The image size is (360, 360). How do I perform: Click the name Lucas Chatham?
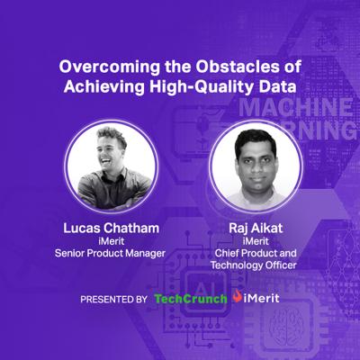point(111,229)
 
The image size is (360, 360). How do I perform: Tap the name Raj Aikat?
point(256,229)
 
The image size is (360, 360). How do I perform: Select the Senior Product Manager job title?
point(110,254)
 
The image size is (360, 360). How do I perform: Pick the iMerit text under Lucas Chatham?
point(111,241)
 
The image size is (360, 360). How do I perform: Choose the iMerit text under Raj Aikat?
point(256,241)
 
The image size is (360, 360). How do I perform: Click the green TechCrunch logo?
point(191,299)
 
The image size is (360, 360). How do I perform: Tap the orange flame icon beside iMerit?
point(238,296)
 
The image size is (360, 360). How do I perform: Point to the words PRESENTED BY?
point(113,299)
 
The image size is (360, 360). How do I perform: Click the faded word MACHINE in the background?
point(296,108)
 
